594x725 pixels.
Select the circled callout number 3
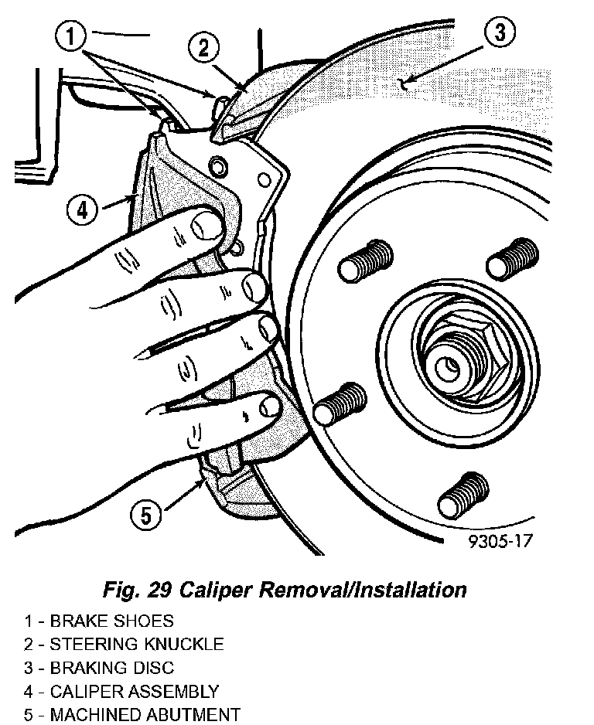(500, 33)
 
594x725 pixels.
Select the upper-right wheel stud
(512, 257)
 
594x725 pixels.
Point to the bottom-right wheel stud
(464, 492)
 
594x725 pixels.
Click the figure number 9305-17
(500, 542)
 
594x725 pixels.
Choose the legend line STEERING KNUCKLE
(124, 644)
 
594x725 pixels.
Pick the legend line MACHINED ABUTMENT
(131, 715)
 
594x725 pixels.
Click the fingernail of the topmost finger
(207, 226)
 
